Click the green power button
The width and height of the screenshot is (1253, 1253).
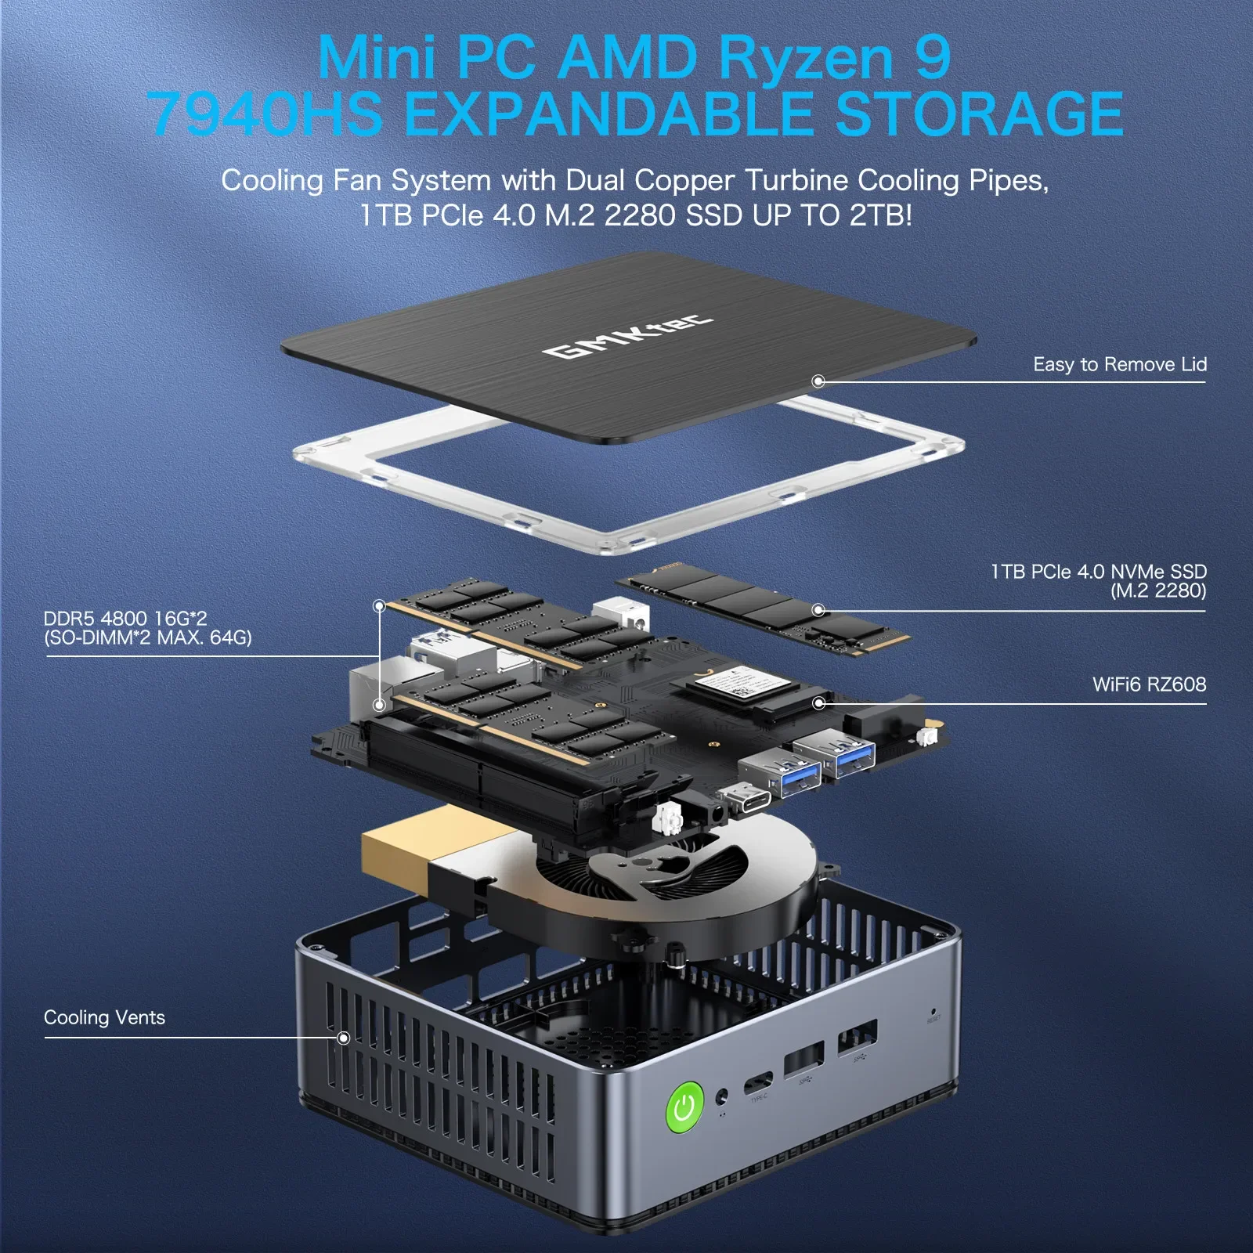pyautogui.click(x=684, y=1107)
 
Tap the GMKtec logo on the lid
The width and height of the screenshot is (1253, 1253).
pyautogui.click(x=627, y=338)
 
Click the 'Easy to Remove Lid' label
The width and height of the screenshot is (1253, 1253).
pyautogui.click(x=1119, y=364)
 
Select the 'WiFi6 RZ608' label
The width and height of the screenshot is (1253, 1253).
pyautogui.click(x=1149, y=684)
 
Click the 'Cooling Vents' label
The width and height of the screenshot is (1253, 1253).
pyautogui.click(x=104, y=1017)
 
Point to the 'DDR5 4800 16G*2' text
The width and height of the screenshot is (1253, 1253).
pyautogui.click(x=125, y=619)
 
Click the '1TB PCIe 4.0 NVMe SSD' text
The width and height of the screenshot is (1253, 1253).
pyautogui.click(x=1098, y=572)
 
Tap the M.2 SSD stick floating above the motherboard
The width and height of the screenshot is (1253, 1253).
pyautogui.click(x=764, y=611)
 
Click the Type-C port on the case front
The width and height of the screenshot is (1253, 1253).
pyautogui.click(x=758, y=1084)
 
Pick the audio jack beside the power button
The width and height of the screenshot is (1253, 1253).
pyautogui.click(x=722, y=1096)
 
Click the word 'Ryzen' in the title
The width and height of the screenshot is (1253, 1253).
pyautogui.click(x=806, y=58)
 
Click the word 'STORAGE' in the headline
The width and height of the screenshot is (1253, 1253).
pyautogui.click(x=979, y=114)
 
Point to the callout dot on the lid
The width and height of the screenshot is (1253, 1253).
pyautogui.click(x=818, y=381)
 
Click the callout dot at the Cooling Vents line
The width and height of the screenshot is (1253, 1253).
pyautogui.click(x=343, y=1038)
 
